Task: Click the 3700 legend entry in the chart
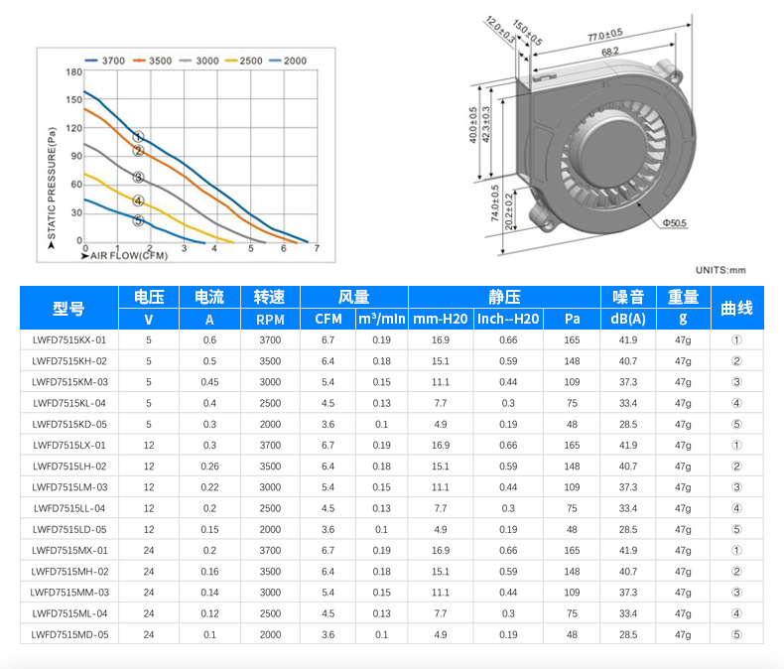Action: (x=105, y=61)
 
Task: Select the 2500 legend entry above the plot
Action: (x=244, y=61)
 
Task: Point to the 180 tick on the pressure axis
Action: (x=74, y=72)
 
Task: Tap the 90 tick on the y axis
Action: (x=76, y=156)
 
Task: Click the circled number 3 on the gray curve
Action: (x=139, y=177)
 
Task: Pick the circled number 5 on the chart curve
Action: (x=139, y=220)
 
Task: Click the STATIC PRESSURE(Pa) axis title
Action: (x=52, y=184)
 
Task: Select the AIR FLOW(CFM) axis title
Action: (x=128, y=255)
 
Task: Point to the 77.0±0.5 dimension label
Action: (x=605, y=35)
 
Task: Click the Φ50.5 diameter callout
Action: (x=675, y=223)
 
